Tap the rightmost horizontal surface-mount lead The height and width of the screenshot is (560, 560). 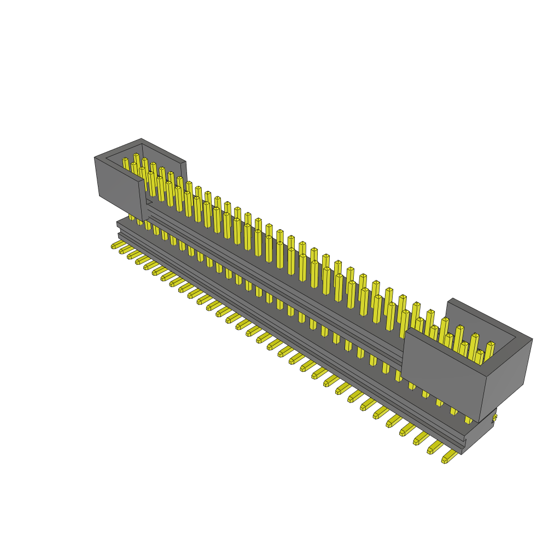pyautogui.click(x=450, y=457)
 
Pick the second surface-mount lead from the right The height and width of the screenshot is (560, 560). pyautogui.click(x=435, y=447)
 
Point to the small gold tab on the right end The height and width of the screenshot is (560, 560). pyautogui.click(x=495, y=418)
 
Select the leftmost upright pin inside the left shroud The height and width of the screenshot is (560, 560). pyautogui.click(x=126, y=164)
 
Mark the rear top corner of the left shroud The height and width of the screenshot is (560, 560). pyautogui.click(x=142, y=139)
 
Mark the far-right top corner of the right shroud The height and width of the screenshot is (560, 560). pyautogui.click(x=532, y=339)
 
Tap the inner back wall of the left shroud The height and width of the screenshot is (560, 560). pyautogui.click(x=164, y=159)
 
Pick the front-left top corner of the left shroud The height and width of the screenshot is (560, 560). pyautogui.click(x=95, y=158)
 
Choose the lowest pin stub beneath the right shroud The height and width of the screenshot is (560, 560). pyautogui.click(x=468, y=419)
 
